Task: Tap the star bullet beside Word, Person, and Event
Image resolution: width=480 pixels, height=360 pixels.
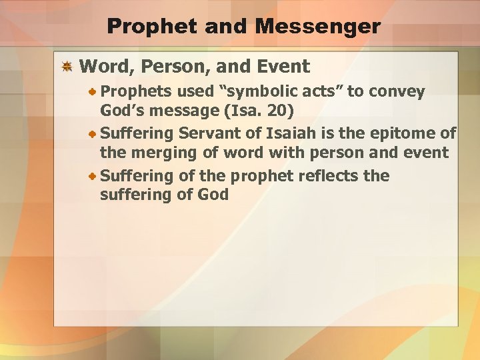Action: point(67,67)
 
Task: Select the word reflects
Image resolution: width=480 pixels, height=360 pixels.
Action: point(325,177)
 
